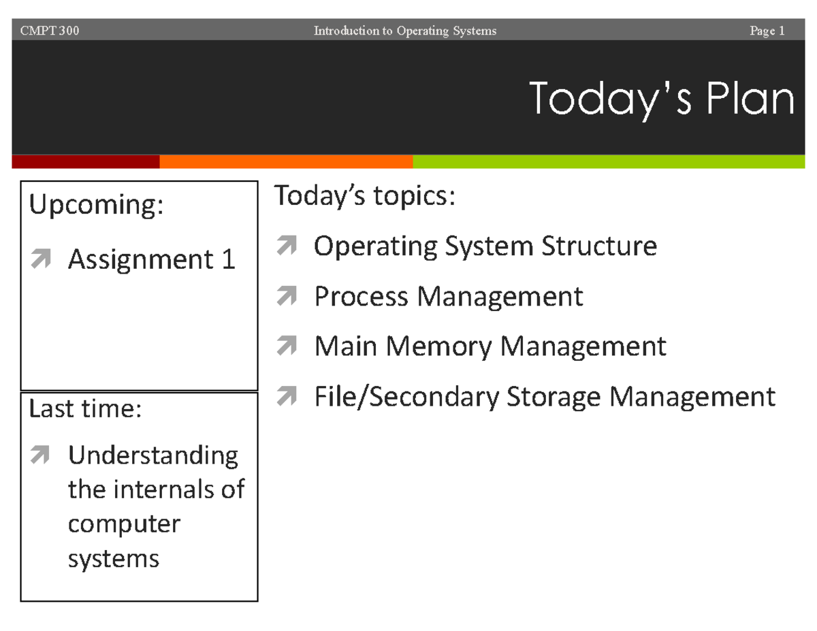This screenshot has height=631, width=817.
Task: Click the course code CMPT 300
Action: point(50,31)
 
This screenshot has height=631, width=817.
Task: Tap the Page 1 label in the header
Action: point(767,31)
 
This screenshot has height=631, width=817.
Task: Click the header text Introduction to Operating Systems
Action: point(405,31)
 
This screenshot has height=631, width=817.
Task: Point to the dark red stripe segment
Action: point(86,161)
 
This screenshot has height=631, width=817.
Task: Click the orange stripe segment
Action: point(286,161)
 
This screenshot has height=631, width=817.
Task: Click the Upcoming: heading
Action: point(96,206)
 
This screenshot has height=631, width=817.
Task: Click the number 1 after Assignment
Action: point(229,259)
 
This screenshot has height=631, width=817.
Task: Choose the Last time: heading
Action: point(84,409)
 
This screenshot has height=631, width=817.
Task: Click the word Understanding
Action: point(153,455)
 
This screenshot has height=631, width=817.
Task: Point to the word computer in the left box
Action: point(124,524)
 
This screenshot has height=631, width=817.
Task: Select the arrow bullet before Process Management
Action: point(287,297)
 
